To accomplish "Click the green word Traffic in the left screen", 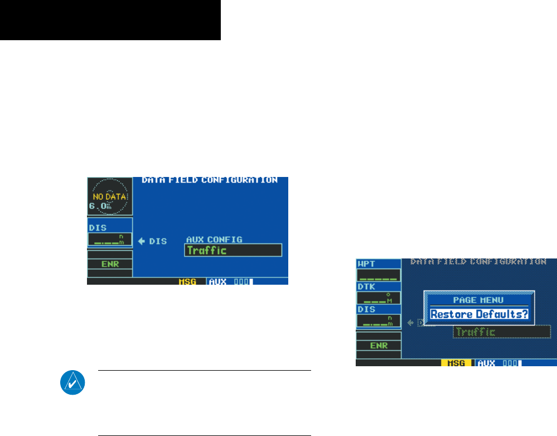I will [x=207, y=250].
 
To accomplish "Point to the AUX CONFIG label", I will [x=214, y=239].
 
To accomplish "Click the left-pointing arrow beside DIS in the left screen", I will [x=142, y=241].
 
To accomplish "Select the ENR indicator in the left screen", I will [x=109, y=263].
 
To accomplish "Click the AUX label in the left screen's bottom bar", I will [x=217, y=281].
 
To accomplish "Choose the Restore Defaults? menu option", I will [x=479, y=314].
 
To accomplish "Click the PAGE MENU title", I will [x=478, y=299].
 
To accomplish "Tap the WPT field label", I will [x=366, y=263].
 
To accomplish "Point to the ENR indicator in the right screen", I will [x=378, y=345].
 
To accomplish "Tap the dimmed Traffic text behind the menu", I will [x=475, y=332].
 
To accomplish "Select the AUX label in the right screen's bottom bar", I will [x=487, y=362].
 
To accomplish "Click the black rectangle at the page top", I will [x=110, y=20].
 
